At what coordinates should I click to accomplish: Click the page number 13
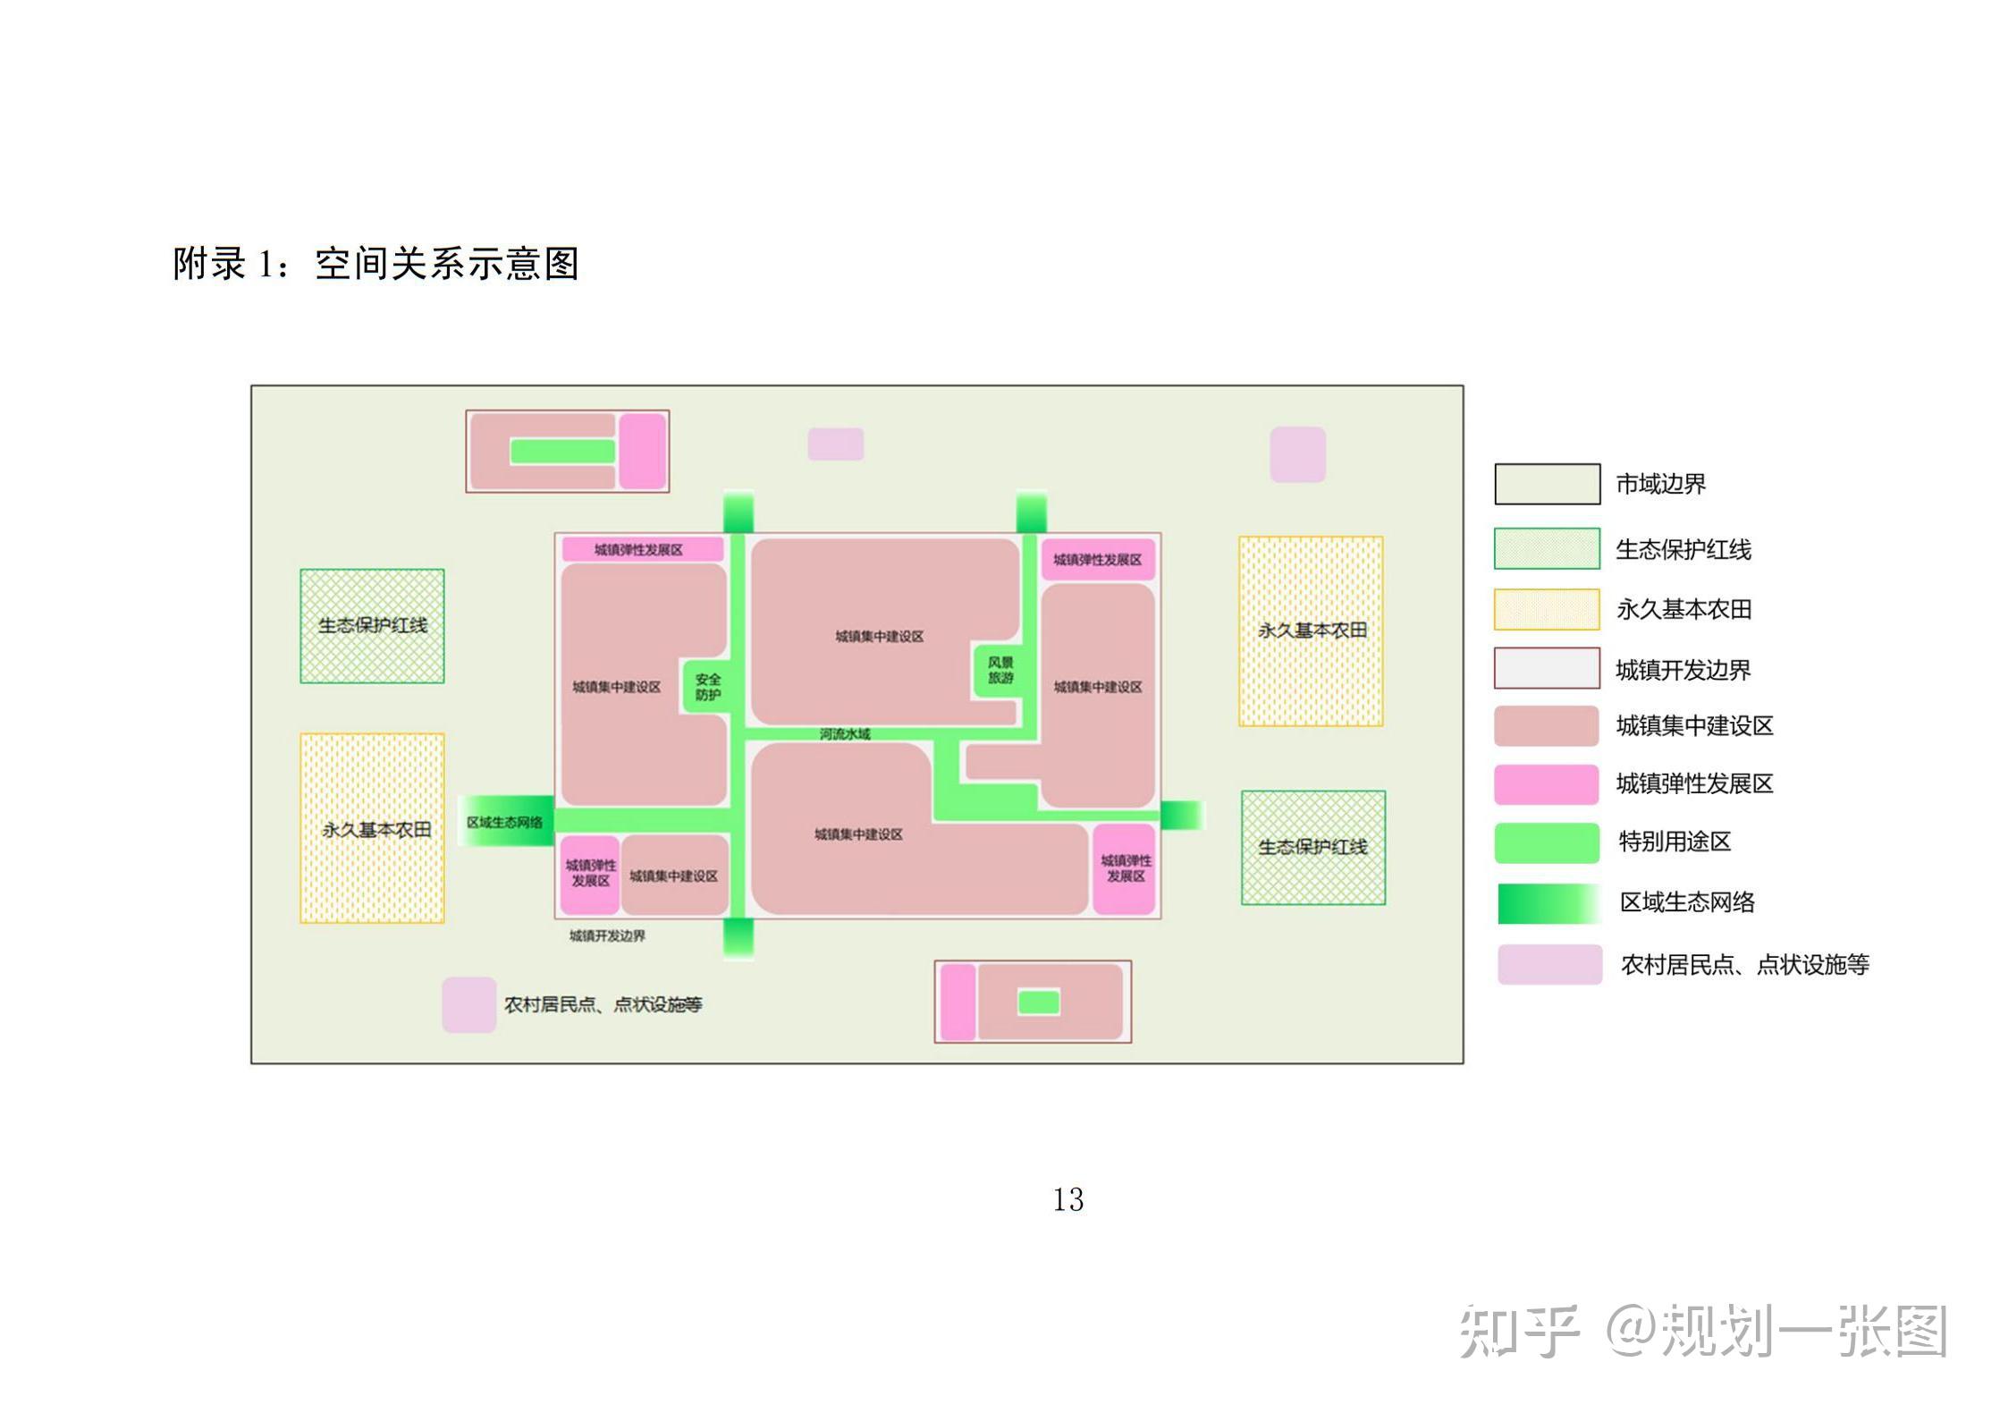click(x=1068, y=1199)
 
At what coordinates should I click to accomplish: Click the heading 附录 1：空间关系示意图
click(x=376, y=264)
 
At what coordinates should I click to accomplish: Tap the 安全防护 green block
click(x=707, y=687)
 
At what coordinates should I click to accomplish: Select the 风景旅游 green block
click(x=1000, y=670)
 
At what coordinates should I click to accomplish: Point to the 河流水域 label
click(x=844, y=734)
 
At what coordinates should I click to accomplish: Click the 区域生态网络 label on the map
click(x=504, y=822)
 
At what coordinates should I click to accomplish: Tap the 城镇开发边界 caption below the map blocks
click(x=607, y=935)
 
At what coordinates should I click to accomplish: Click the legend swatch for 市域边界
click(x=1547, y=484)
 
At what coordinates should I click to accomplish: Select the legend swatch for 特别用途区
click(x=1547, y=842)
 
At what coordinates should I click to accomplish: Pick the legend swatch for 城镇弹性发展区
click(x=1547, y=784)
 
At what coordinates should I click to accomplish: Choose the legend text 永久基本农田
click(x=1684, y=610)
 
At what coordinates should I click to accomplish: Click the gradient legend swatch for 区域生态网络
click(x=1549, y=903)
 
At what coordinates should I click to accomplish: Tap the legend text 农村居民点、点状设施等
click(x=1744, y=964)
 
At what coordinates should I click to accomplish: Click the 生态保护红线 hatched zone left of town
click(x=372, y=626)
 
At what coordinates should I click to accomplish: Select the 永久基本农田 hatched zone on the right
click(x=1311, y=630)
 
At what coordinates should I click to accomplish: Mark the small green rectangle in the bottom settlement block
click(x=1039, y=1003)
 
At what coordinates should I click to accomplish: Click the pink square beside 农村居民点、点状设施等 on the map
click(x=469, y=1004)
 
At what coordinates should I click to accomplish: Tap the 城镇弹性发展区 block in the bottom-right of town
click(x=1125, y=868)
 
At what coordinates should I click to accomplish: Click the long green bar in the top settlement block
click(x=561, y=452)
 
